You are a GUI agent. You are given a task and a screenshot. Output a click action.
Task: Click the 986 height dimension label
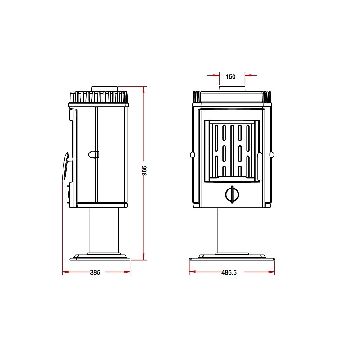144,171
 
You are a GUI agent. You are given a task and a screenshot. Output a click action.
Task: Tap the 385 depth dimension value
95,272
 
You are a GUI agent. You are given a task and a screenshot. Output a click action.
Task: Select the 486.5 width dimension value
229,272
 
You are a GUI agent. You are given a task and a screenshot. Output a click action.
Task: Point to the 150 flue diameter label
230,76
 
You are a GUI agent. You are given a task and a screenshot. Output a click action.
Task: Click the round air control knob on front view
232,195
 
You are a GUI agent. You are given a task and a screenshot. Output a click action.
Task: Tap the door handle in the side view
66,166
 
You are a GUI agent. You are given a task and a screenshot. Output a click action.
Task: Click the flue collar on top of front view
232,89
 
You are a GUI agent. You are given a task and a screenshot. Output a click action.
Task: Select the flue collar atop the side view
105,89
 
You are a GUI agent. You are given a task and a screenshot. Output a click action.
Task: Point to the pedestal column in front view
232,231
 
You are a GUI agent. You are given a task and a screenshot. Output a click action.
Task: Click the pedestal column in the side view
104,231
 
